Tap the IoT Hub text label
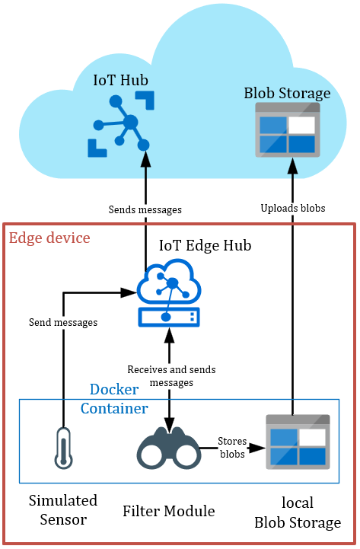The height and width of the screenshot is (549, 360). click(121, 80)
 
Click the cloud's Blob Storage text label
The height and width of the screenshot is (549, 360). click(287, 94)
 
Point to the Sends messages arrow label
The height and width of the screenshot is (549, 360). click(145, 209)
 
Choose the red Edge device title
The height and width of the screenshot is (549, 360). click(49, 238)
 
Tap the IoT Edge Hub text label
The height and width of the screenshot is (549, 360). click(205, 245)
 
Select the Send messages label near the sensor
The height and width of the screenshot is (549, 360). click(63, 322)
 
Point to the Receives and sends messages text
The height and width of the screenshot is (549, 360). click(171, 375)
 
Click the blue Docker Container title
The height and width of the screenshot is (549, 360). click(114, 399)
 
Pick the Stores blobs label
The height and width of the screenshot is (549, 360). click(232, 447)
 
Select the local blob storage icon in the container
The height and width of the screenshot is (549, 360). click(296, 442)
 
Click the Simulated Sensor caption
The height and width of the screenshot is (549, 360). click(63, 510)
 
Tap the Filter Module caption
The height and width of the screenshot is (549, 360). click(169, 511)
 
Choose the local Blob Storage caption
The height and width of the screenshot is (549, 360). click(298, 513)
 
